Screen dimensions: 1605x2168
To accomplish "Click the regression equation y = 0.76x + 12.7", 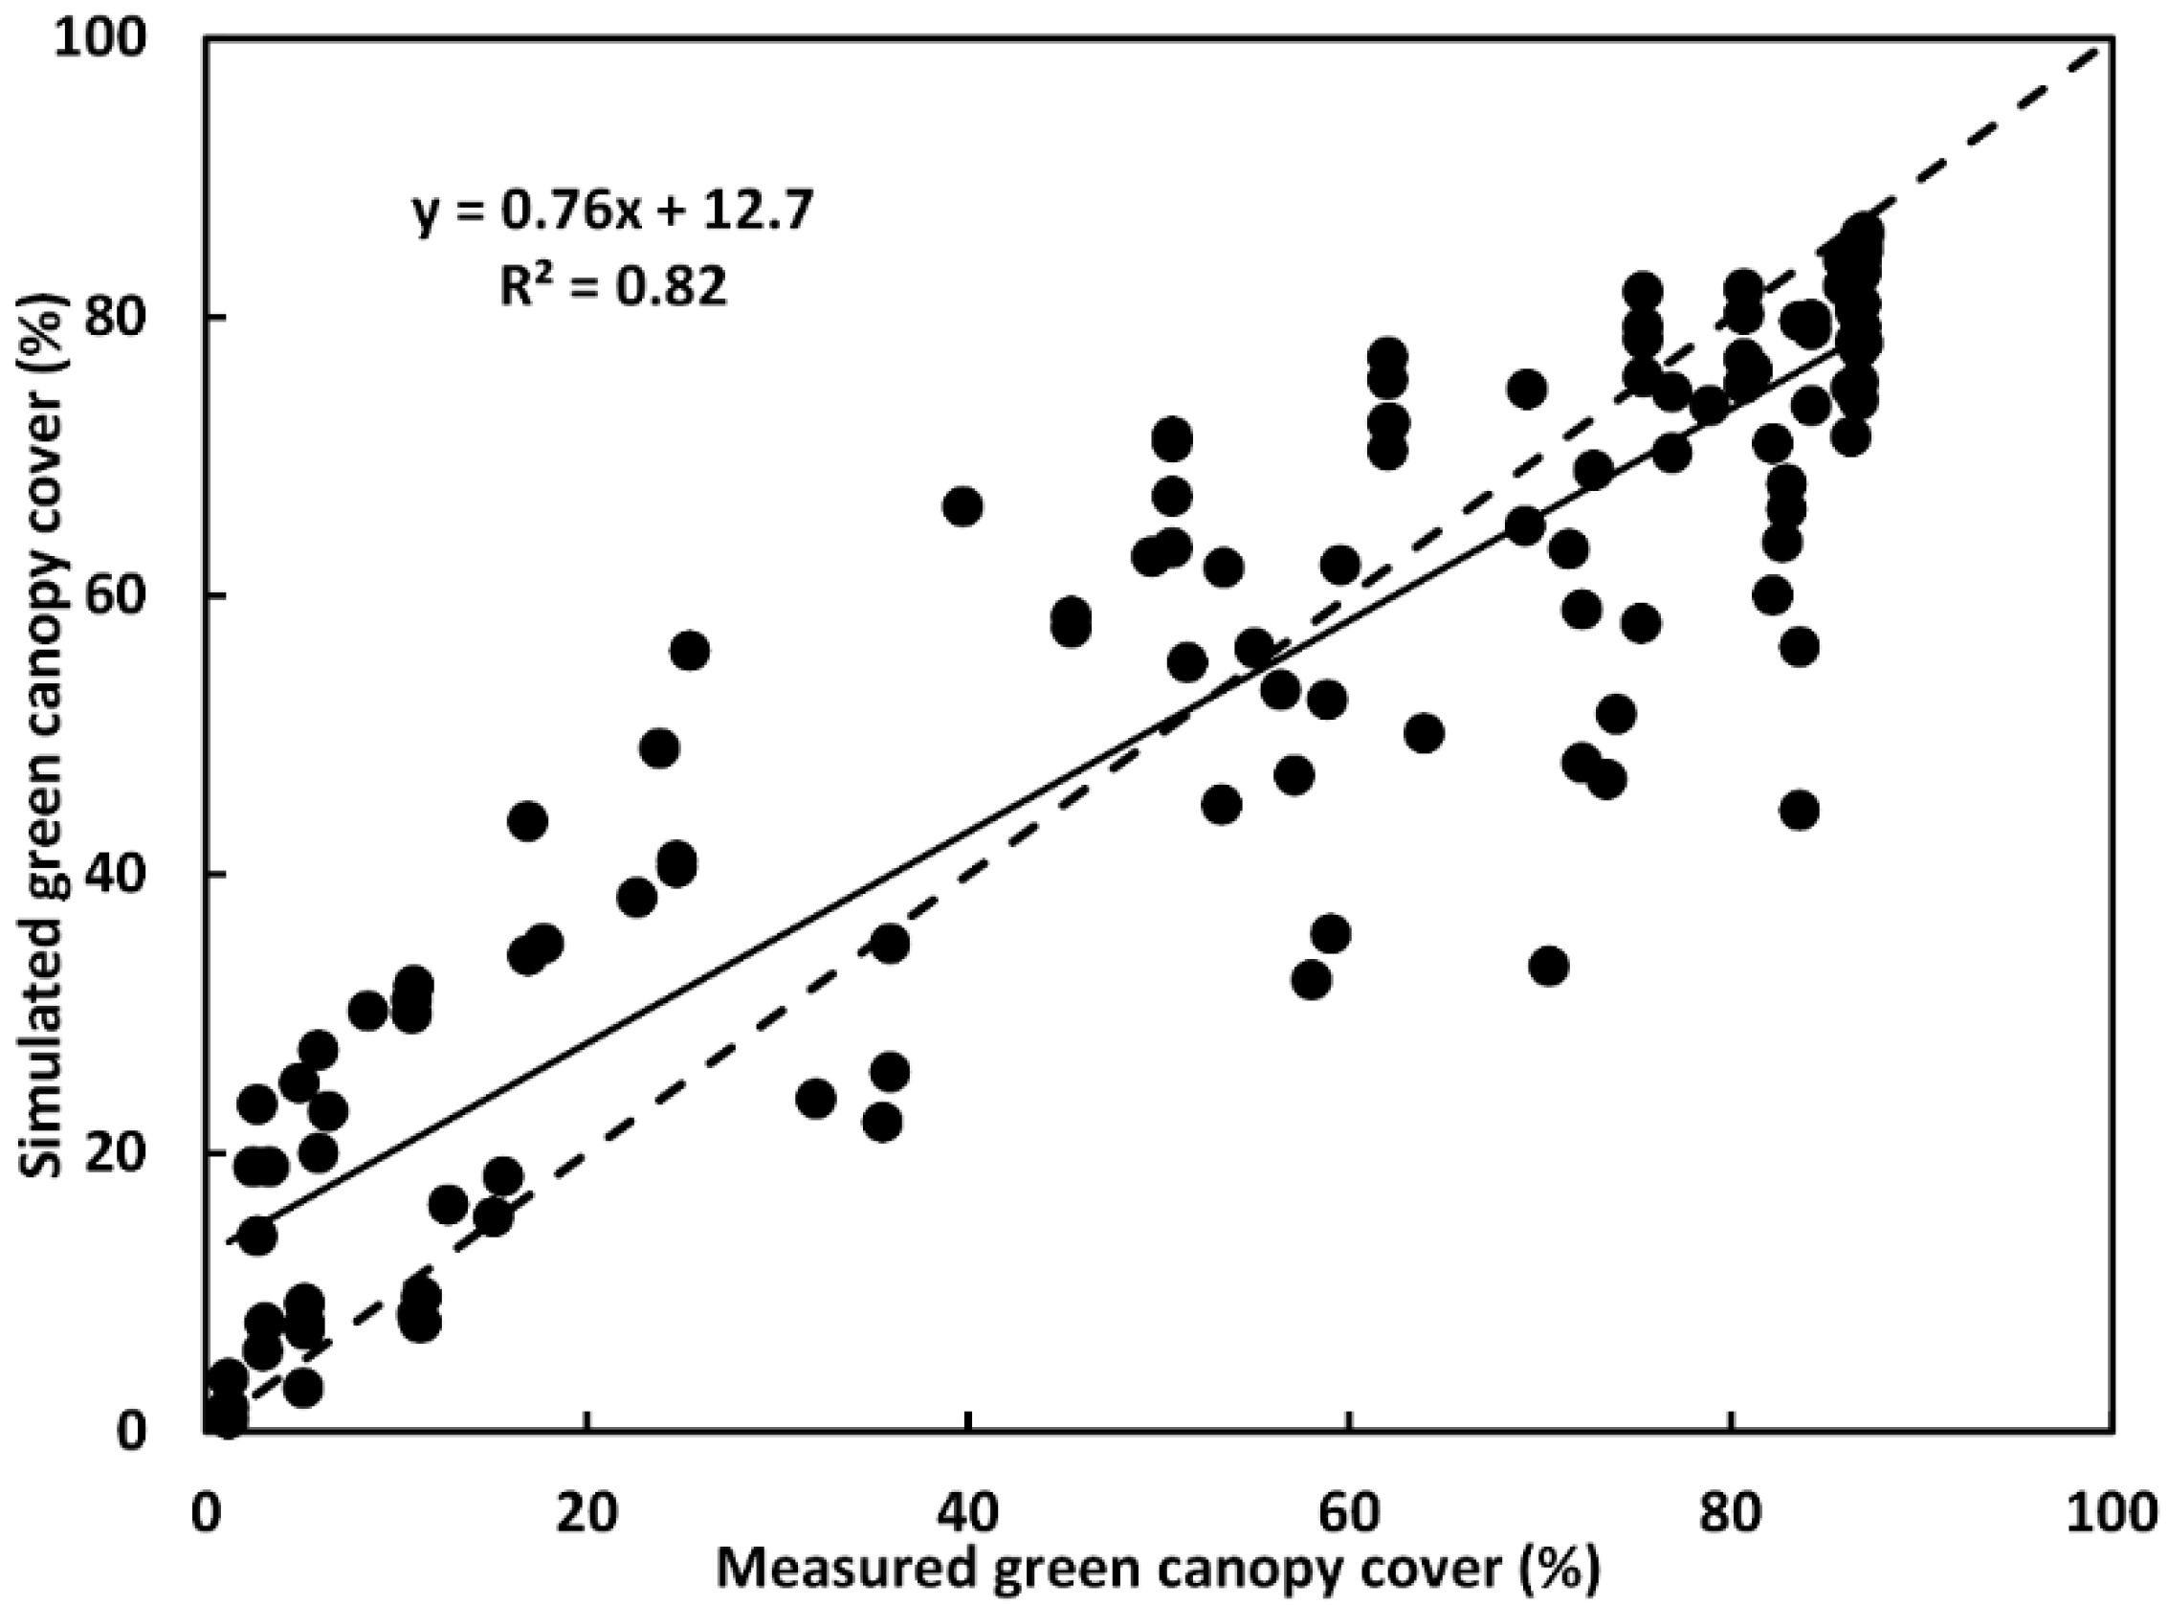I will (614, 212).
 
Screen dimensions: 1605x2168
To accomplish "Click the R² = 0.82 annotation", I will (614, 286).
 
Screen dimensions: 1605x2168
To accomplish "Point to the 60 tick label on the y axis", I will (144, 595).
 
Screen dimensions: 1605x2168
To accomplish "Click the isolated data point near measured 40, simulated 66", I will (962, 507).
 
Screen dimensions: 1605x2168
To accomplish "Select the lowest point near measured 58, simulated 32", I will (1312, 980).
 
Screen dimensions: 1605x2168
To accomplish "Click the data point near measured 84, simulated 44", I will (1800, 811).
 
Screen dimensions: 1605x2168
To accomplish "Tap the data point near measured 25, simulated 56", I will (690, 651).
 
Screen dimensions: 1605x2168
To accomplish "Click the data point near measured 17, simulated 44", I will (528, 821).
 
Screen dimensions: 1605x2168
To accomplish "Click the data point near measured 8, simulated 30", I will (367, 1012).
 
